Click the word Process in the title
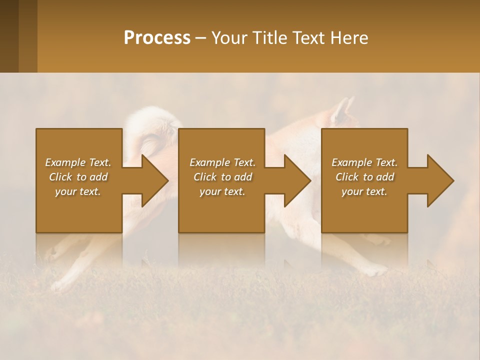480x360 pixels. point(157,38)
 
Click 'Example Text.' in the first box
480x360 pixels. point(78,162)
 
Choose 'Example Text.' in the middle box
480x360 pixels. point(222,162)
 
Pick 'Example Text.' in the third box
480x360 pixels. point(364,162)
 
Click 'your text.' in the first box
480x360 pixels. point(78,191)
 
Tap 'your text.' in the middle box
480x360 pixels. point(222,191)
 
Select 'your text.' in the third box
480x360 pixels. point(364,191)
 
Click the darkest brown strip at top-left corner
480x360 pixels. point(9,36)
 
